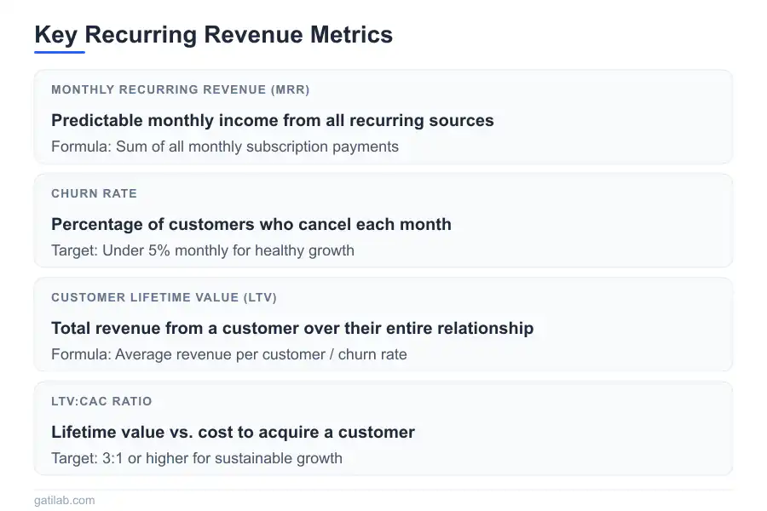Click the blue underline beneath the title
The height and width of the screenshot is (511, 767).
(60, 52)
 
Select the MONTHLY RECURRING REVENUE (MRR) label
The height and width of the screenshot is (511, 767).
(180, 89)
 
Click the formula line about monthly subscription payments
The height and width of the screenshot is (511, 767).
(225, 146)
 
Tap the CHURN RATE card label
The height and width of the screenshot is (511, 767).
(94, 193)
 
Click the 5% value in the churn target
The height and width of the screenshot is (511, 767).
(158, 250)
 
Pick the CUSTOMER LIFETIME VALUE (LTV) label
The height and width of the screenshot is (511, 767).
(164, 297)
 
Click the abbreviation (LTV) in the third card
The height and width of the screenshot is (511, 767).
(260, 297)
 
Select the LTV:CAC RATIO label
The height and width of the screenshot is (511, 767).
(101, 401)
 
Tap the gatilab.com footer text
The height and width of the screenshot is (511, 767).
(65, 501)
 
